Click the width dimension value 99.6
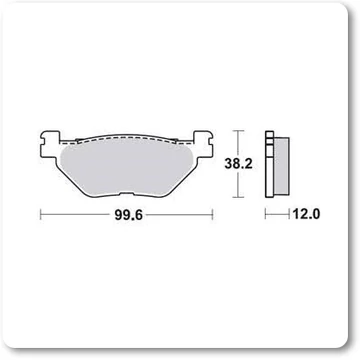(x=129, y=216)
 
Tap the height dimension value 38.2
(x=238, y=164)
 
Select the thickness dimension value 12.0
(x=306, y=214)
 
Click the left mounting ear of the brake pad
(x=50, y=144)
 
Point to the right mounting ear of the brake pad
(x=203, y=144)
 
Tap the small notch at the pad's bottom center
(x=126, y=193)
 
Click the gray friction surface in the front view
(x=126, y=168)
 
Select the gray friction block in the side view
(x=281, y=166)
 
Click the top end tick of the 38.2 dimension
(x=237, y=131)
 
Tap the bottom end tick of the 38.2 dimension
(x=237, y=198)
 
